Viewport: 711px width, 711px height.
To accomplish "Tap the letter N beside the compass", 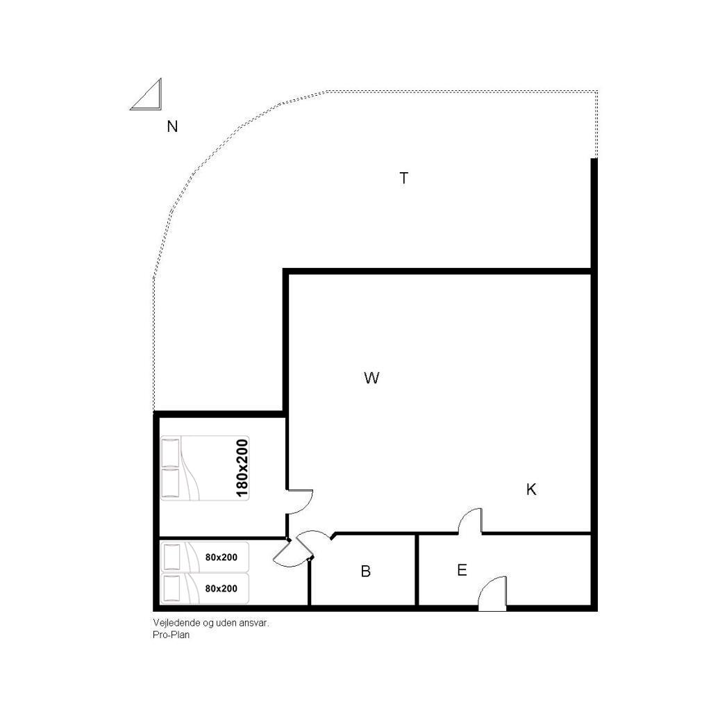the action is click(172, 126).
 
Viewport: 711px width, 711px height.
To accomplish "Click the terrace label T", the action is click(403, 178).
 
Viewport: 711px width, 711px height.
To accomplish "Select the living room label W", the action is click(371, 378).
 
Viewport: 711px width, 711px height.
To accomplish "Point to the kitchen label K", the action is click(531, 490).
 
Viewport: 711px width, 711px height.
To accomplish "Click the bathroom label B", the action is click(365, 571).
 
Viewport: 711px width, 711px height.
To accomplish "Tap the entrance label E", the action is click(462, 570).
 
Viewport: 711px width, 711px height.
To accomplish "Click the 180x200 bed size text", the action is click(242, 468).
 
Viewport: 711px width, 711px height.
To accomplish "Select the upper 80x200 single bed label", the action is click(221, 558).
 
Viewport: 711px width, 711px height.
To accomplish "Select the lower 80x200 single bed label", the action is click(221, 589).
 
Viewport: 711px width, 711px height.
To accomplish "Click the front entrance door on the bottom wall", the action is click(492, 593).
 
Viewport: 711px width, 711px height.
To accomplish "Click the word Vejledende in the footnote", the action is click(172, 623).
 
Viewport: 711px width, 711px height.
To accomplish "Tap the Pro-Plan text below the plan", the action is click(171, 635).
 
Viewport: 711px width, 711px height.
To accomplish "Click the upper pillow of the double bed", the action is click(171, 452).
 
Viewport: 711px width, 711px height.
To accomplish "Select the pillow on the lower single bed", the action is click(172, 588).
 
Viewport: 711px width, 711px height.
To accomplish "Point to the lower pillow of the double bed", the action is click(171, 483).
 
